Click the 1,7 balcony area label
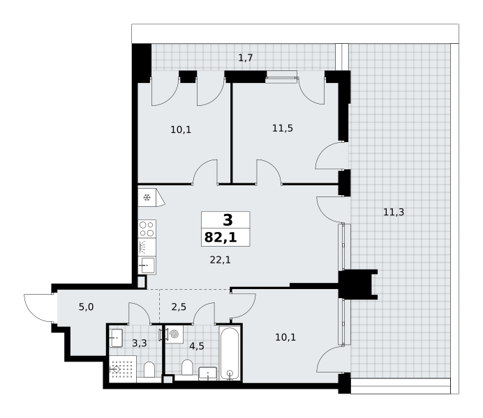click(x=246, y=58)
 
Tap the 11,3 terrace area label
click(x=394, y=212)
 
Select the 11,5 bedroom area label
click(x=283, y=128)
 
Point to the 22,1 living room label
click(x=221, y=260)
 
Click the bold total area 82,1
click(x=221, y=238)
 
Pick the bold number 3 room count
click(x=228, y=220)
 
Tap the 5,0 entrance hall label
click(x=87, y=307)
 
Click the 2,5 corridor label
click(x=179, y=307)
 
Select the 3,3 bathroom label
click(x=140, y=343)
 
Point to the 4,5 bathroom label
click(x=197, y=346)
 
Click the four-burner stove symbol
click(x=147, y=229)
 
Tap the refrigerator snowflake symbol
click(x=147, y=197)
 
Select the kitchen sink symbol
click(x=147, y=265)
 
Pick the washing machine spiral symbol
click(x=174, y=334)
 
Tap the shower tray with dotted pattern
click(x=123, y=369)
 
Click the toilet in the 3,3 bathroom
click(x=149, y=369)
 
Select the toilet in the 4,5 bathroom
click(x=187, y=368)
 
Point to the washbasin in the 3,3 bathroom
click(x=116, y=338)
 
